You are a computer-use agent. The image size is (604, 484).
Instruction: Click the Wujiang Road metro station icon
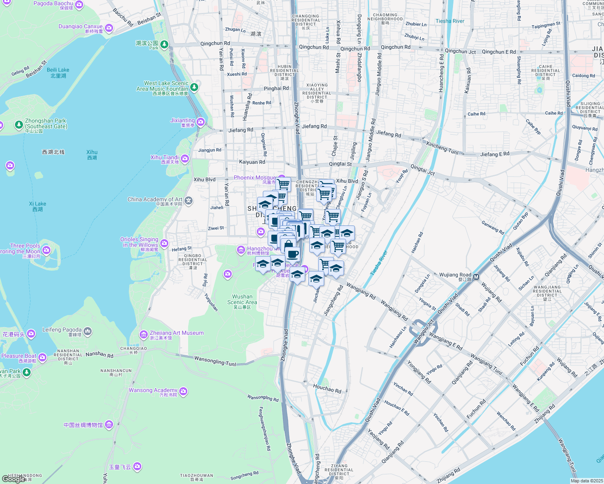(476, 277)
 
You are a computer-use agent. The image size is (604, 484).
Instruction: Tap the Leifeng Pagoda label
(62, 330)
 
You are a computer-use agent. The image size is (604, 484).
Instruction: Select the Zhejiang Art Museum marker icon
(143, 335)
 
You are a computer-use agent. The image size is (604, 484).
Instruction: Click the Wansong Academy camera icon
(183, 391)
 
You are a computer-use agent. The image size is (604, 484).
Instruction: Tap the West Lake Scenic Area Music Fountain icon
(194, 87)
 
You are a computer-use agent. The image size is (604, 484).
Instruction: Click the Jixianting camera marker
(201, 122)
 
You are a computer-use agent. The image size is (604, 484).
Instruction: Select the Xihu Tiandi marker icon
(185, 159)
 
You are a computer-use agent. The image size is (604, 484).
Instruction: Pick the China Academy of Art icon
(189, 200)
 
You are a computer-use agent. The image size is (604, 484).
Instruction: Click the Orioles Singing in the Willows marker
(164, 243)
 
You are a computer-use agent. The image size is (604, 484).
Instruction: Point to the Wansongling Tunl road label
(215, 361)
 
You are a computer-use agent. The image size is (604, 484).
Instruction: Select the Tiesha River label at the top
(450, 21)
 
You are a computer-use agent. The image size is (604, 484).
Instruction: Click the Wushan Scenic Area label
(242, 299)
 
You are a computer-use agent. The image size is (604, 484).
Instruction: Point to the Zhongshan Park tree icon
(19, 125)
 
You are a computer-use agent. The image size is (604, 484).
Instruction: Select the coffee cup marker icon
(293, 255)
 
